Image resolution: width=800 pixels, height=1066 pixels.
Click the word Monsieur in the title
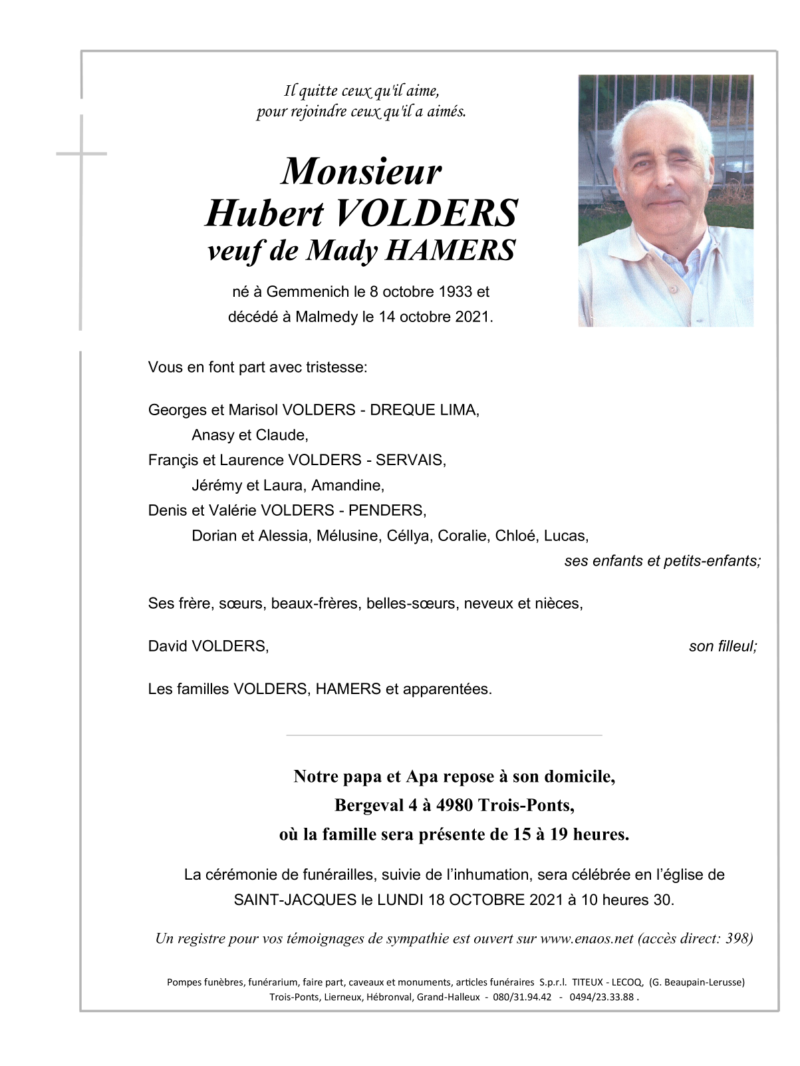pos(361,171)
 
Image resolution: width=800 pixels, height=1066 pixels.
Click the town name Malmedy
pos(327,317)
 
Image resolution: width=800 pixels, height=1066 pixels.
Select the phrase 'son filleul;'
pos(723,646)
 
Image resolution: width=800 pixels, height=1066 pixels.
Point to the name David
pos(167,646)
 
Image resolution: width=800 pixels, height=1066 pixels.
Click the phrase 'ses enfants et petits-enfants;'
pos(662,561)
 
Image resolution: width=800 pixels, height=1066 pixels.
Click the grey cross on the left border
pos(81,154)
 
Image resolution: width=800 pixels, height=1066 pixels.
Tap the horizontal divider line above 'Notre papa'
pos(444,735)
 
